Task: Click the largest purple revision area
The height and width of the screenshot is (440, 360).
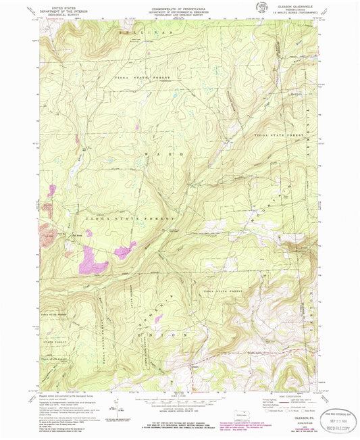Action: (x=90, y=260)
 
